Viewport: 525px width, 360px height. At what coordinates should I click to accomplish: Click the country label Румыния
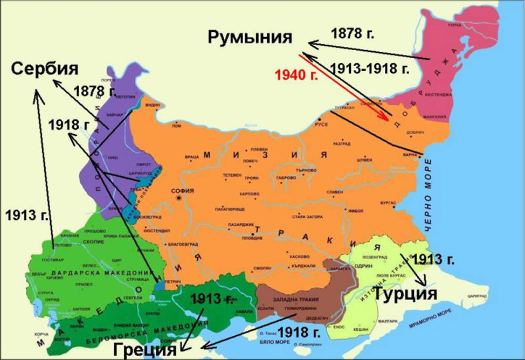(250, 37)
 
